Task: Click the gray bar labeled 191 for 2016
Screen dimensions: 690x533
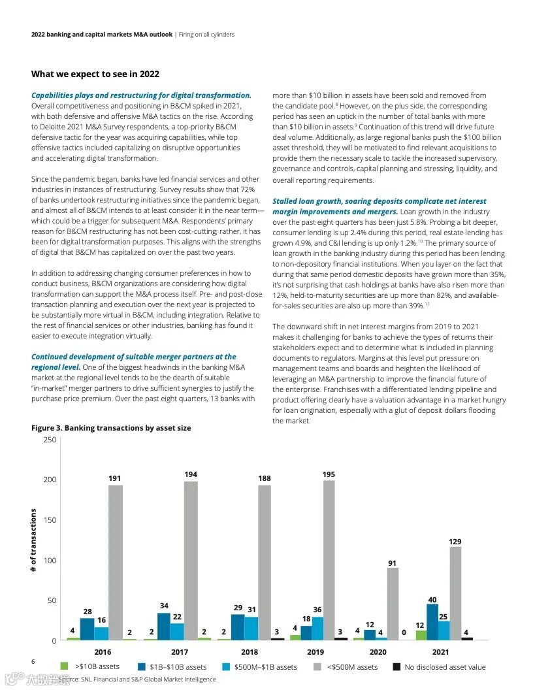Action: coord(116,562)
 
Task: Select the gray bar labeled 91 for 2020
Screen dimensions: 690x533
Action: coord(392,603)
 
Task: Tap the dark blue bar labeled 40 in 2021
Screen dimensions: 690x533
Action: coord(432,621)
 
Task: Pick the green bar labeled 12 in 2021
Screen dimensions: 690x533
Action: coord(421,635)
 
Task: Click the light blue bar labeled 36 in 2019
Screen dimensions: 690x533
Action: coord(317,628)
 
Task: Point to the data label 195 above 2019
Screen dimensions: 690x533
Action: coord(329,474)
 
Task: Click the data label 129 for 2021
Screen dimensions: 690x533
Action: coord(455,542)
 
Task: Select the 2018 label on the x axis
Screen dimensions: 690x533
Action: coord(249,652)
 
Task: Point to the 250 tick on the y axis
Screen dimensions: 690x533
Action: coord(50,440)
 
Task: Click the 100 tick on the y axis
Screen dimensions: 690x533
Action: coord(50,560)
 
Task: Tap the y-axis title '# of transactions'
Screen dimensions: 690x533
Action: coord(33,541)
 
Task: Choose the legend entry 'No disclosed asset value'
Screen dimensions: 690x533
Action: coord(445,667)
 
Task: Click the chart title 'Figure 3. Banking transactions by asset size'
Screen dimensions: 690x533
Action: coord(111,428)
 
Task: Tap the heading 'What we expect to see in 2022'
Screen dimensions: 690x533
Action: coord(95,74)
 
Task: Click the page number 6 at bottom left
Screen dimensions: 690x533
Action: coord(33,662)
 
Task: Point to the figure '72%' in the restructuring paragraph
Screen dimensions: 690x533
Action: coord(234,189)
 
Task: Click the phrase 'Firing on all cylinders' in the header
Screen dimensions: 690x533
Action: coord(206,35)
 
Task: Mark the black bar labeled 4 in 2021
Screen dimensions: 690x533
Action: coord(466,638)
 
